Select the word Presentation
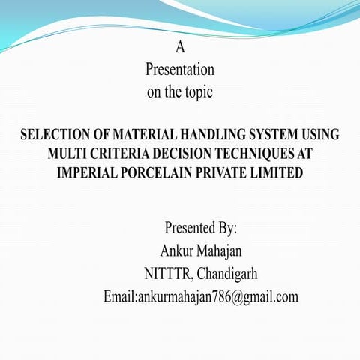180,70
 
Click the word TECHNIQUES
263,154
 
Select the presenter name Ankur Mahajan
200,250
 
